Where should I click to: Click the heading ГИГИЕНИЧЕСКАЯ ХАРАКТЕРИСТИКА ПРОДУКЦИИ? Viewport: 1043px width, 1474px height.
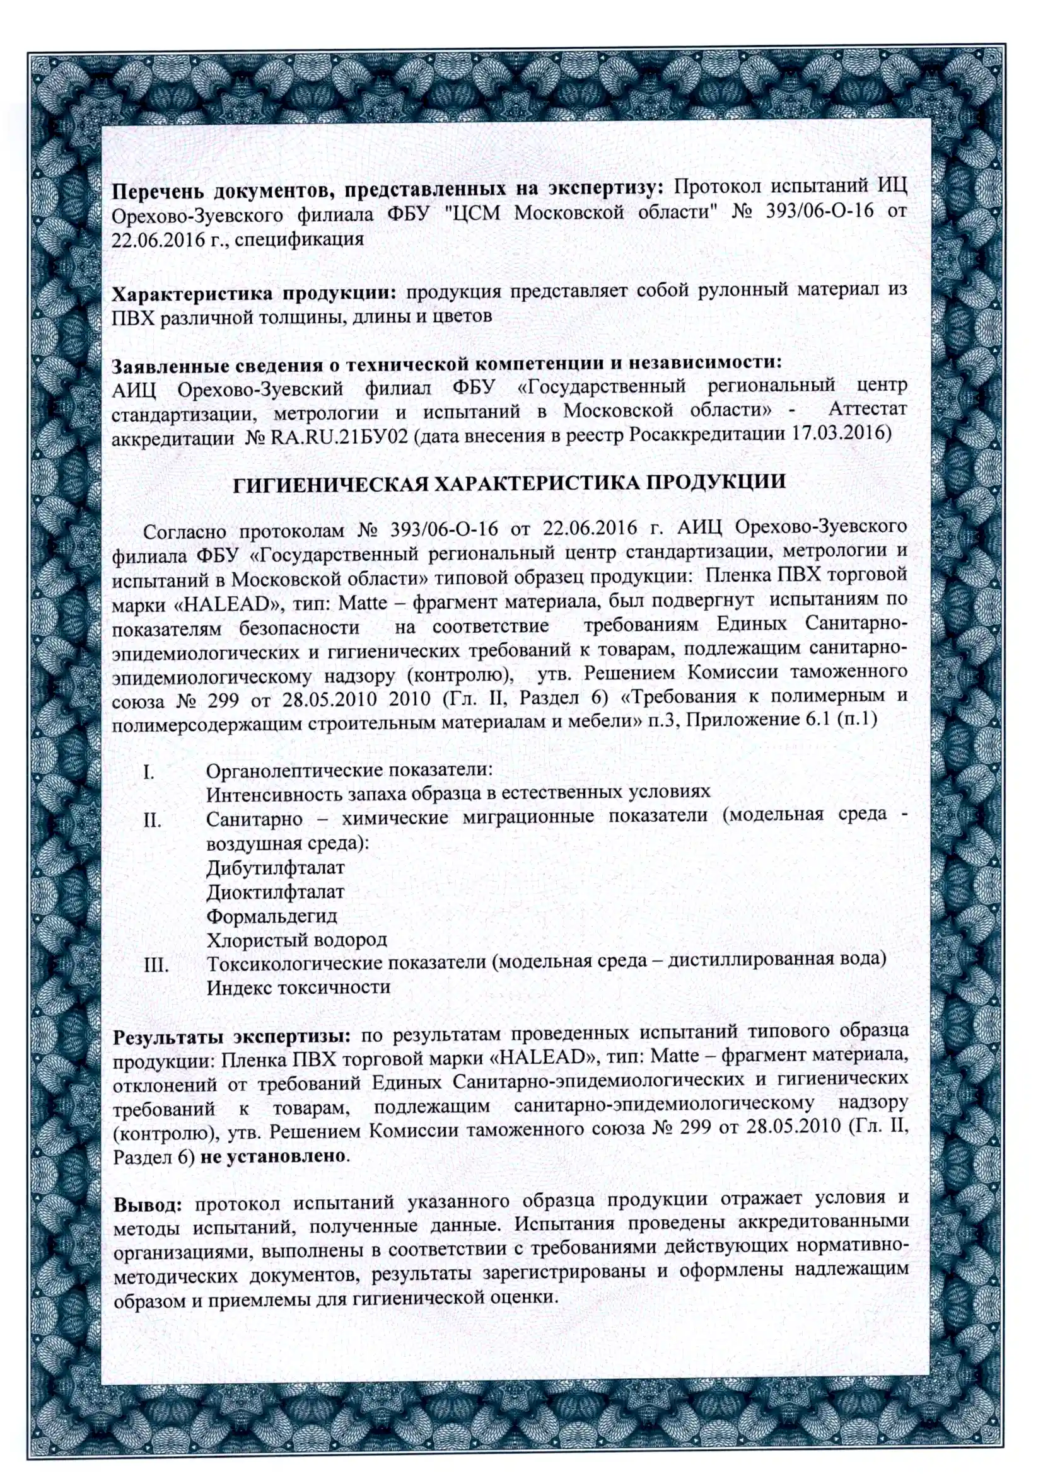pyautogui.click(x=509, y=483)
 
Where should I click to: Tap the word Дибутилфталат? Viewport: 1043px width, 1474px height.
pyautogui.click(x=275, y=867)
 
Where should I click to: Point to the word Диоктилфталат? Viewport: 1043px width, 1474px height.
pyautogui.click(x=275, y=892)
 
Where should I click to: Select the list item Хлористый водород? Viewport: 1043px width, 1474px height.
pyautogui.click(x=296, y=940)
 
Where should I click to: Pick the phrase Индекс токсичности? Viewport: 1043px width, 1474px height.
pyautogui.click(x=298, y=987)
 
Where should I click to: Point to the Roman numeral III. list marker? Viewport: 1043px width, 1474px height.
pyautogui.click(x=156, y=965)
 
